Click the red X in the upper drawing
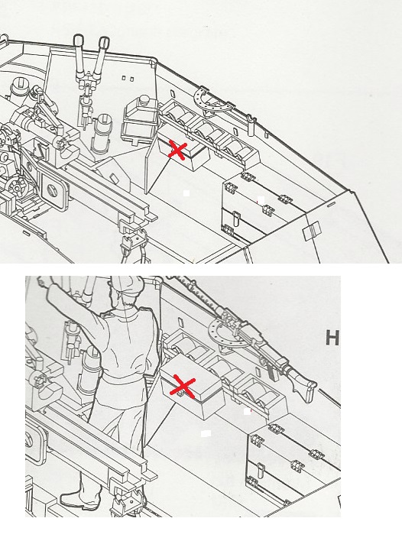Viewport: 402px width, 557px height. click(177, 151)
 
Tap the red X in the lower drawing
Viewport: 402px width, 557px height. click(183, 387)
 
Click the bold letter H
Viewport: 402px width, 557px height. click(332, 338)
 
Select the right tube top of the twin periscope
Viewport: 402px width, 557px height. click(102, 42)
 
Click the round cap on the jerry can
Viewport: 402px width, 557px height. click(144, 99)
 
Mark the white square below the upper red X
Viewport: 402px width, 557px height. click(186, 193)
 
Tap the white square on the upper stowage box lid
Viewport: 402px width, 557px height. click(261, 200)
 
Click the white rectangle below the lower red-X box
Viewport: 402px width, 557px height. click(206, 433)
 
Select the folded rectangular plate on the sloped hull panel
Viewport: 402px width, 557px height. click(312, 230)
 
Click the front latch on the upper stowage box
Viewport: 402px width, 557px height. click(235, 218)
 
